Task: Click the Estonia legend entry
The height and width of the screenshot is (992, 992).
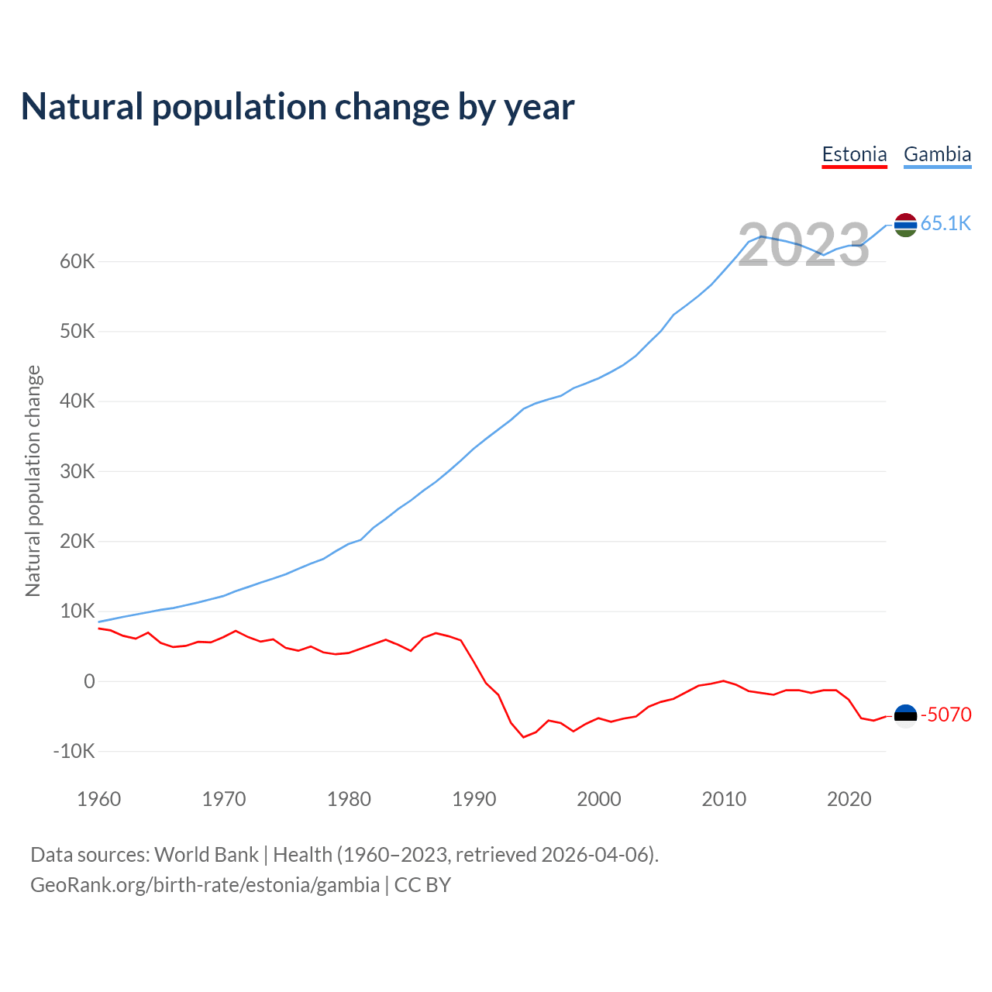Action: [854, 154]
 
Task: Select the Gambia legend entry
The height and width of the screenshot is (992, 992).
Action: [937, 154]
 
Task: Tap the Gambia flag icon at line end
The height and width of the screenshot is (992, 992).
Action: [905, 225]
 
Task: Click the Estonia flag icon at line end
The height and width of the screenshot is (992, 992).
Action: [905, 715]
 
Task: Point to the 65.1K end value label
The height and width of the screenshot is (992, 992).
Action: [945, 224]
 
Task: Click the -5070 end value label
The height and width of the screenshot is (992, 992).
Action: [945, 715]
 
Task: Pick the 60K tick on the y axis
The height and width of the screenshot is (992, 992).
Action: [77, 262]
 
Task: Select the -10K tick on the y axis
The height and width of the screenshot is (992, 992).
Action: [74, 752]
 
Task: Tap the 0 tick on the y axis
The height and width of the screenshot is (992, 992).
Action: [89, 682]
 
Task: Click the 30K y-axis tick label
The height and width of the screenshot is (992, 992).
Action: [77, 472]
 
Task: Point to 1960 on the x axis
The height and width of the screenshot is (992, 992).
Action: [99, 799]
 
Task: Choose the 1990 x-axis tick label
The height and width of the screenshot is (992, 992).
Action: [474, 799]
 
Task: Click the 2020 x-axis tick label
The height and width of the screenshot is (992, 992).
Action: [849, 799]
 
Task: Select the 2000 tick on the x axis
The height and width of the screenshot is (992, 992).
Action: [599, 799]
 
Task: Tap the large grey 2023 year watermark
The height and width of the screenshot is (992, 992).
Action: [804, 246]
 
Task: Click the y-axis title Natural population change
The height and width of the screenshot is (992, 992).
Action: [33, 481]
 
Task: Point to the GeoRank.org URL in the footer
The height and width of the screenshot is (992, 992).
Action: [205, 885]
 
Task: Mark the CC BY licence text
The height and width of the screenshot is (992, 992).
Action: [422, 885]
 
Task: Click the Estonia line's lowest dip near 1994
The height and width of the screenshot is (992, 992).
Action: [524, 736]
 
